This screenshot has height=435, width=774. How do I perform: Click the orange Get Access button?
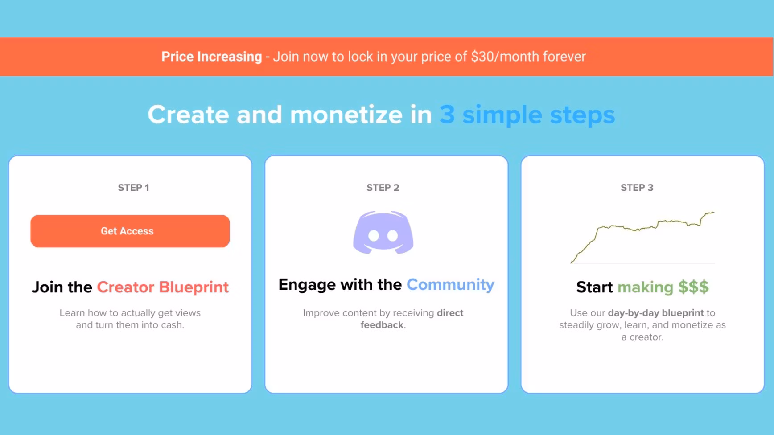click(130, 231)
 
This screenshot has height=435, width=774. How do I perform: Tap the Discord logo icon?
click(383, 233)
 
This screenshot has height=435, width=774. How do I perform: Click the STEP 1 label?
click(133, 188)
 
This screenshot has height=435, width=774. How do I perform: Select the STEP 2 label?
click(383, 188)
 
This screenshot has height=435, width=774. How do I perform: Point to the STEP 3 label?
click(637, 188)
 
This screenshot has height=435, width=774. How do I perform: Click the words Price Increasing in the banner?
click(212, 57)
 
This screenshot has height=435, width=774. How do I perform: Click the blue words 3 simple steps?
click(527, 115)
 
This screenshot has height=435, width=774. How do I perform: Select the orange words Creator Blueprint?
click(163, 287)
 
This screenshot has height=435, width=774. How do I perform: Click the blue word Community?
click(450, 285)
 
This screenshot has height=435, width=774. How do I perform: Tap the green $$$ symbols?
click(693, 287)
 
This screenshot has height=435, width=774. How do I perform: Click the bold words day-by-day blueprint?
click(656, 313)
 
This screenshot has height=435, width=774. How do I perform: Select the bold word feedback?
click(382, 325)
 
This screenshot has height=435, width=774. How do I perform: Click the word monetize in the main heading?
click(346, 115)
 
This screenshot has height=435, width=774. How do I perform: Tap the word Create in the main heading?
click(188, 115)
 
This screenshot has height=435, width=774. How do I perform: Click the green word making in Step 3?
click(645, 287)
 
